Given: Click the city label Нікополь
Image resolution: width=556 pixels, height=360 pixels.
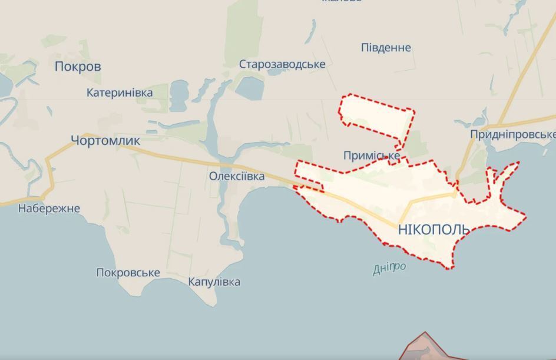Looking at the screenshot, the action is [433, 229].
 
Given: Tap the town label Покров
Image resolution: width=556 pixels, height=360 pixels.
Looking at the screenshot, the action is [78, 67].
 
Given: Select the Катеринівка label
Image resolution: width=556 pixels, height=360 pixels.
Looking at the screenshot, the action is [120, 93].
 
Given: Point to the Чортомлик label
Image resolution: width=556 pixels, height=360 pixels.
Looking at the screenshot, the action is [105, 140].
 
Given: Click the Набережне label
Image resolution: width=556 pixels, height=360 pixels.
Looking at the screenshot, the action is [49, 208].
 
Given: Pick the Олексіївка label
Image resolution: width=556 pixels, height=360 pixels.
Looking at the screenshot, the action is [236, 176].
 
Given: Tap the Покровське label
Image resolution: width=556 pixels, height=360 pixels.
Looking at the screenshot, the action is [128, 273].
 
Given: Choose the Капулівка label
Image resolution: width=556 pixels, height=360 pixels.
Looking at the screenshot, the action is [214, 282].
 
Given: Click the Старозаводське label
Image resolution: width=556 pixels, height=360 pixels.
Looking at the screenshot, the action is [282, 64].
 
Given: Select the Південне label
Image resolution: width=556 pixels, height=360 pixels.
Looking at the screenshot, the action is [386, 48].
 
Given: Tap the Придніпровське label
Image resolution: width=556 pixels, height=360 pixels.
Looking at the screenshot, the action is [512, 135].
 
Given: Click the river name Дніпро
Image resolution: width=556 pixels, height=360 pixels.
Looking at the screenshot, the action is [389, 268].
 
